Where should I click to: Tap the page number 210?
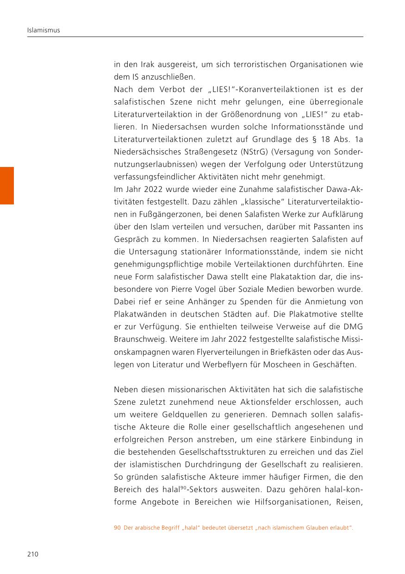click(32, 554)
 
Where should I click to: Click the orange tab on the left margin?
click(7, 185)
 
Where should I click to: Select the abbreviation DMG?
click(354, 327)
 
